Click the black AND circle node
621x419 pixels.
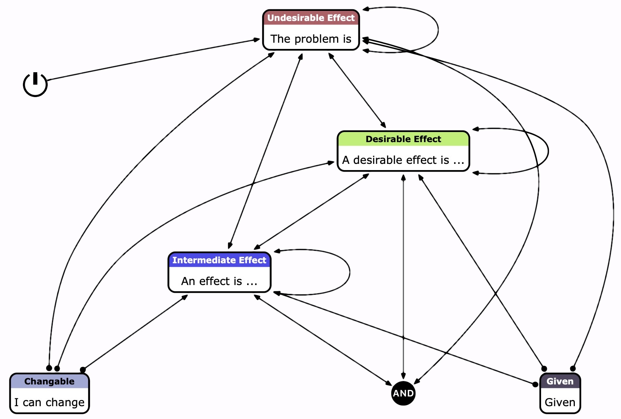pyautogui.click(x=403, y=393)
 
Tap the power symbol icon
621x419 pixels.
pyautogui.click(x=35, y=84)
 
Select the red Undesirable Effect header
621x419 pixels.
pyautogui.click(x=311, y=18)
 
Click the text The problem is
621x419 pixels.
pyautogui.click(x=311, y=39)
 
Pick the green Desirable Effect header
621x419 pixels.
pyautogui.click(x=403, y=139)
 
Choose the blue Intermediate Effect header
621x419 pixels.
pyautogui.click(x=219, y=260)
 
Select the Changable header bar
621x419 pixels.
pyautogui.click(x=49, y=381)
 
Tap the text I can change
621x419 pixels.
pyautogui.click(x=49, y=402)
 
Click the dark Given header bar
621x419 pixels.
pyautogui.click(x=560, y=381)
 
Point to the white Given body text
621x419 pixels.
pyautogui.click(x=560, y=402)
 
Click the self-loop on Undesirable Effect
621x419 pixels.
pyautogui.click(x=438, y=30)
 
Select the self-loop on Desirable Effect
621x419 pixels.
pyautogui.click(x=548, y=151)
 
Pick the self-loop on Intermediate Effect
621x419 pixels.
pyautogui.click(x=349, y=272)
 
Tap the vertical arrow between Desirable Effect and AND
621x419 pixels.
pyautogui.click(x=403, y=272)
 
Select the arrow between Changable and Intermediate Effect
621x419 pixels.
pyautogui.click(x=136, y=332)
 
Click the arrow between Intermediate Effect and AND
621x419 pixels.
pyautogui.click(x=322, y=340)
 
